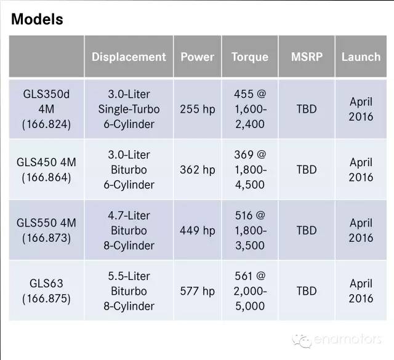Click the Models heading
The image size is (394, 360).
(37, 19)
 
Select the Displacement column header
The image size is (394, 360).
(129, 57)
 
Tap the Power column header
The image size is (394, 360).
(197, 57)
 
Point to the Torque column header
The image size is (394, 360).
(250, 57)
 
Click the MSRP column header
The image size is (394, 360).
(307, 57)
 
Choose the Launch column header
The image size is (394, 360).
(361, 57)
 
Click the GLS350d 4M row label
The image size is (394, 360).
(47, 110)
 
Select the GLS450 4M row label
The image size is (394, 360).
(47, 170)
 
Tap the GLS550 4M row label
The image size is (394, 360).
(47, 230)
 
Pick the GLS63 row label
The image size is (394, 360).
(47, 291)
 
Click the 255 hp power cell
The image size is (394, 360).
(197, 110)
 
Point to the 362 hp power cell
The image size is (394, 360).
(197, 170)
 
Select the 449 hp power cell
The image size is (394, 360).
(197, 230)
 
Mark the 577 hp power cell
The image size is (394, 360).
(197, 291)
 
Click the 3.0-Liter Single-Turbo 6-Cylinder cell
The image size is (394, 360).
(129, 110)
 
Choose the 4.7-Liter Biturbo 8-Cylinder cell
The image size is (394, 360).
(129, 230)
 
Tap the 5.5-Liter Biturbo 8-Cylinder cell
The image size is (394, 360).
(129, 291)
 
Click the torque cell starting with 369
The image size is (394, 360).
(250, 170)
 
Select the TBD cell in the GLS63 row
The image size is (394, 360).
(307, 291)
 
